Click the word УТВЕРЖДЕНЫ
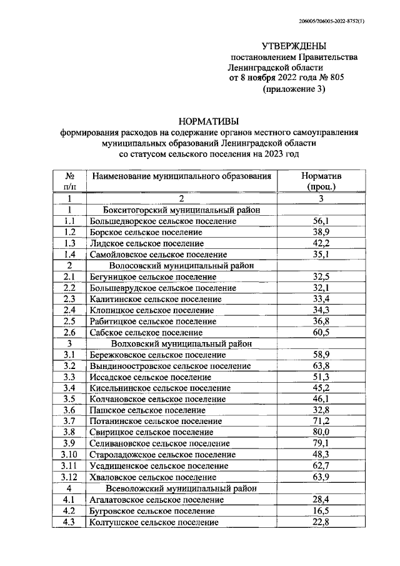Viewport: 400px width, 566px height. pos(292,46)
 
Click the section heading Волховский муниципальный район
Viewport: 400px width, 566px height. pos(181,343)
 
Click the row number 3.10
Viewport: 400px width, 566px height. pos(71,455)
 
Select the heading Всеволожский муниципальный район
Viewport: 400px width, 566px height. pos(182,488)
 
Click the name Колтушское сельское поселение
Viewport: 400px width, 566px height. pos(154,522)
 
